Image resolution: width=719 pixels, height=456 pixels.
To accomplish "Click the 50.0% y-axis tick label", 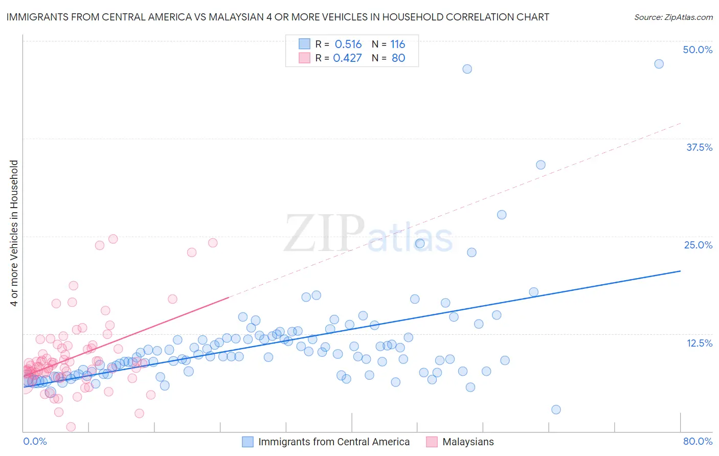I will point(698,50).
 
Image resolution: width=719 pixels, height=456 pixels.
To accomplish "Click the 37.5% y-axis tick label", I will point(699,147).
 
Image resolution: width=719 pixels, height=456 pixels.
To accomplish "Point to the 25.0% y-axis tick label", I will point(698,245).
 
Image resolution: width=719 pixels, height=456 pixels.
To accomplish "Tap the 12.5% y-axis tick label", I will point(699,343).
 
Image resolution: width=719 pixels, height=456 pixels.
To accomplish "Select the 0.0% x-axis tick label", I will point(35,441).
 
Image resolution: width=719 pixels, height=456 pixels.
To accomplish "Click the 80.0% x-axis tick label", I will point(698,441).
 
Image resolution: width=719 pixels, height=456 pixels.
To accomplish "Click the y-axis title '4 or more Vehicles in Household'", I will point(14,233).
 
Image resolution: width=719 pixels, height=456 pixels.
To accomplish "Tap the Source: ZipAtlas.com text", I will point(673,17).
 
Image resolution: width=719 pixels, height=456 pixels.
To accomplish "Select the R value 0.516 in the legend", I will point(348,44).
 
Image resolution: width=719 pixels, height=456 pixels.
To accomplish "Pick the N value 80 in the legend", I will point(398,58).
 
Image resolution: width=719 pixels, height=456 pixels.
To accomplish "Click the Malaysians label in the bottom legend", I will point(468,442).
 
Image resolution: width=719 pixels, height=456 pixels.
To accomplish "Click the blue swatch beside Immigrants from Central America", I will point(248,442).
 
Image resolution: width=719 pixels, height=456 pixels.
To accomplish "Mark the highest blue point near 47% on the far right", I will point(659,64).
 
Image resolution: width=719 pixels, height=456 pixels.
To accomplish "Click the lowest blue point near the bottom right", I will point(556,409).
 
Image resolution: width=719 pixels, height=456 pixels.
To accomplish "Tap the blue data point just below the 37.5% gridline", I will point(541,165).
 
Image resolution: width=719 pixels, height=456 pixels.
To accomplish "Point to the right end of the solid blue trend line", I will point(680,271).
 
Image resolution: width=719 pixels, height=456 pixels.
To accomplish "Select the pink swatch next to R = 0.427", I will point(304,58).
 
